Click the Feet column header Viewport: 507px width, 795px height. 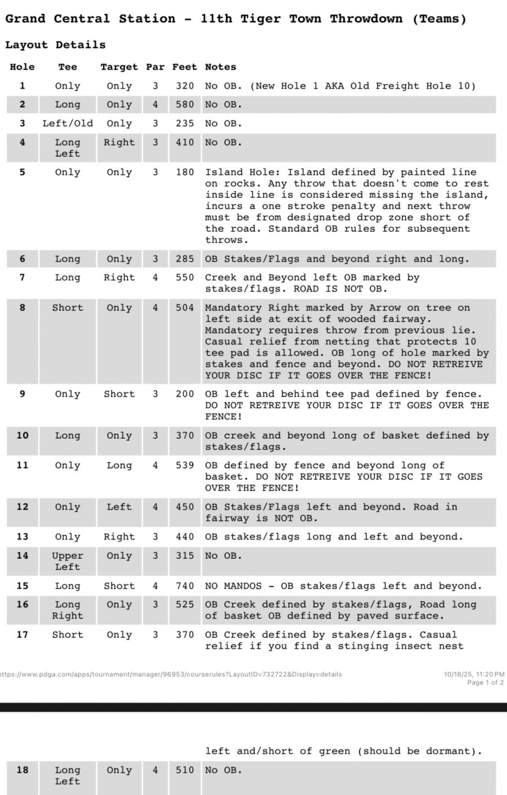tap(185, 67)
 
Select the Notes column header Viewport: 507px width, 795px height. tap(220, 67)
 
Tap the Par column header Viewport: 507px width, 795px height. tap(155, 67)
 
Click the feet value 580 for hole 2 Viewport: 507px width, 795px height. tap(185, 105)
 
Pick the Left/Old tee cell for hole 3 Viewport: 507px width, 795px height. tap(68, 123)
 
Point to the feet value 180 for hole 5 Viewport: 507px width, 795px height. tap(185, 173)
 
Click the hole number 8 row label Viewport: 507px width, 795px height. tap(23, 308)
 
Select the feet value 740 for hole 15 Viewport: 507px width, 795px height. tap(185, 586)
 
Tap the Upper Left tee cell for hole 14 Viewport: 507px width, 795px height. tap(68, 561)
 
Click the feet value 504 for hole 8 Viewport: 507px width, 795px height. tap(185, 308)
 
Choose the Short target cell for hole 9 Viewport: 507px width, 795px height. tap(119, 394)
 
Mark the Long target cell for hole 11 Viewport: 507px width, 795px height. tap(119, 466)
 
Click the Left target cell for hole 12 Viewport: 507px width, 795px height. tap(119, 507)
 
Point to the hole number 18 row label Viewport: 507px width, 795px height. tap(23, 770)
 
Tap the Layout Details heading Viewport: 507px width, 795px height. tap(55, 45)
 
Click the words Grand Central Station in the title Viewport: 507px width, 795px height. tap(90, 19)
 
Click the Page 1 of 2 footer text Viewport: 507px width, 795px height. tap(485, 682)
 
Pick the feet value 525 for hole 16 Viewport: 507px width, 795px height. tap(185, 604)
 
